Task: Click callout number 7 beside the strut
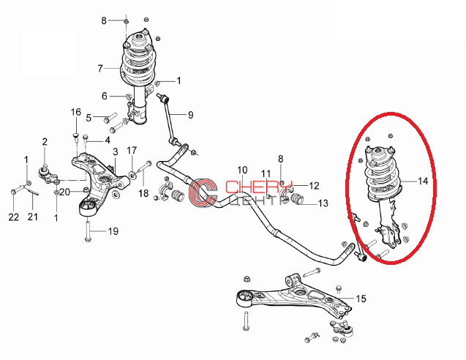100,68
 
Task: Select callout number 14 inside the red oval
423,181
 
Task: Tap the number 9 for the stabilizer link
190,114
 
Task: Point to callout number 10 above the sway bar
242,170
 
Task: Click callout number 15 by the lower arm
361,299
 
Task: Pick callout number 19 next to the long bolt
113,231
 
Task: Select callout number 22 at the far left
14,217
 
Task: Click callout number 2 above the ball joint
45,141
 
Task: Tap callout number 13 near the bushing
323,203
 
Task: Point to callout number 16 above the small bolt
76,112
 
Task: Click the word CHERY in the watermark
258,187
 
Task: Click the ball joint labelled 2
49,176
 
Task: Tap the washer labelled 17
132,174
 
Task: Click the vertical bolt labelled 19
87,230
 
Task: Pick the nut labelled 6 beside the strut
129,97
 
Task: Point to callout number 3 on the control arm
116,151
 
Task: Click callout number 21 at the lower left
33,217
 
